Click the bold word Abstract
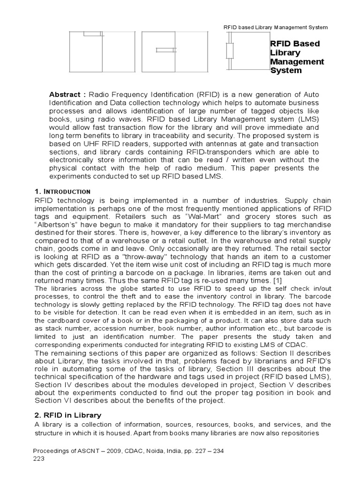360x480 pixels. (x=65, y=94)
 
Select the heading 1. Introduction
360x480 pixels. (x=62, y=191)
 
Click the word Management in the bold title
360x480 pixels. (x=297, y=61)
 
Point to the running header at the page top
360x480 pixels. (x=276, y=27)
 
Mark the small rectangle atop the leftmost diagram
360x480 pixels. (x=91, y=33)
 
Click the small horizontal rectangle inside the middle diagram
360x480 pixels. (x=164, y=50)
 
